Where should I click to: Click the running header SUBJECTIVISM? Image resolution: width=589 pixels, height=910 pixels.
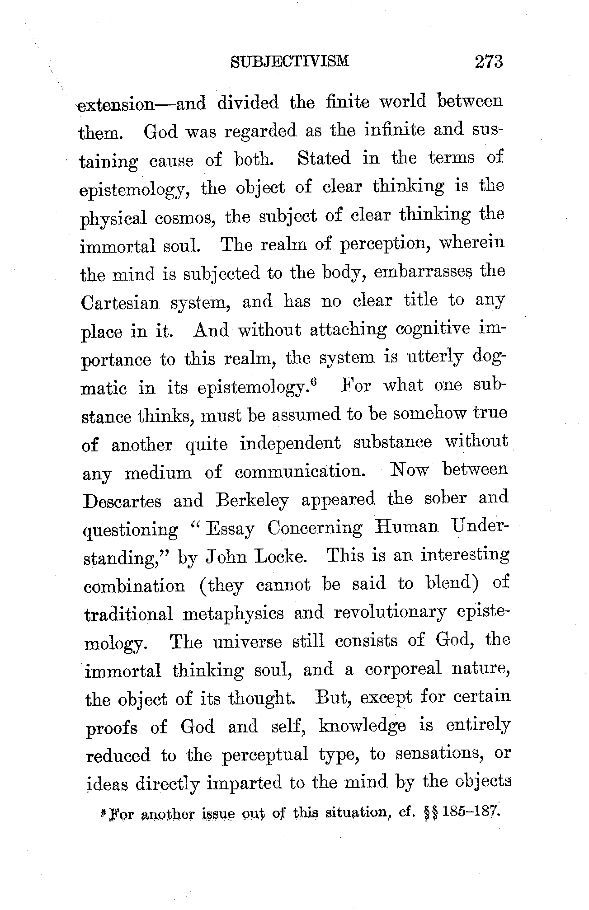click(290, 61)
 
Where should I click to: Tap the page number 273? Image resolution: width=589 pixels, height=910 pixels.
click(489, 61)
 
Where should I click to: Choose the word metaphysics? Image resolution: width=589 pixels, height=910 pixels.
click(233, 614)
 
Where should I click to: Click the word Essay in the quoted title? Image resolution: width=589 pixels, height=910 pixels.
click(230, 529)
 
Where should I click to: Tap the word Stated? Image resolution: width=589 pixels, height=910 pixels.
click(325, 159)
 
